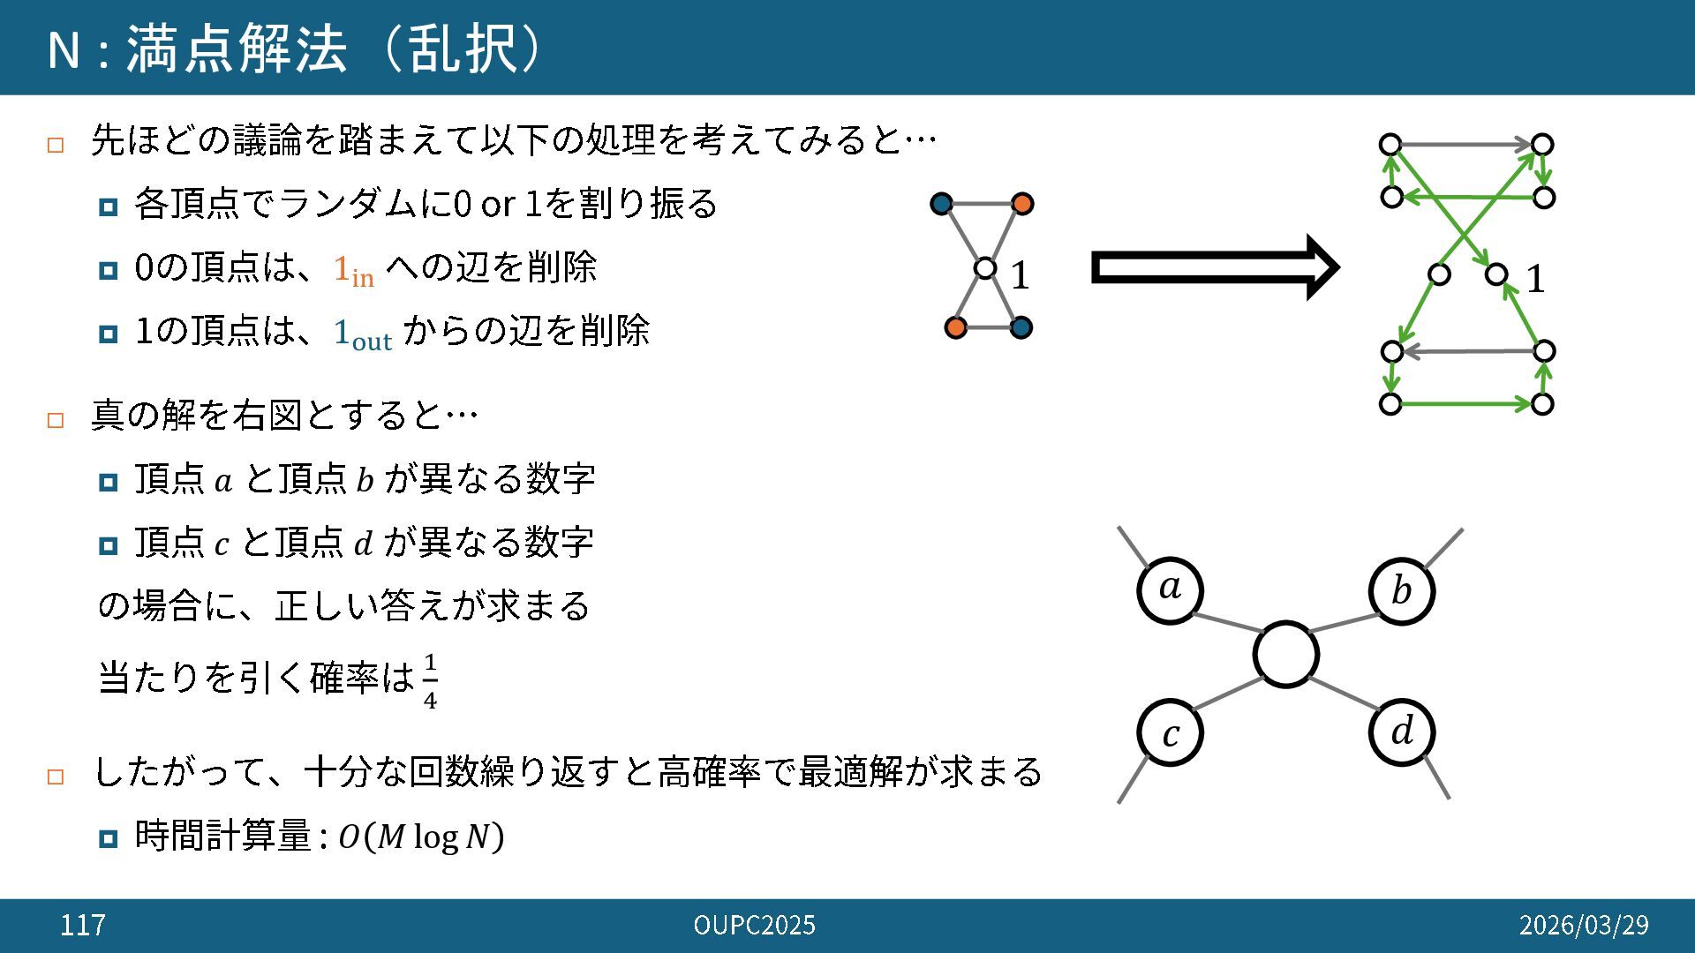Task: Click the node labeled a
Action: point(1170,589)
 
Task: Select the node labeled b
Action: point(1401,591)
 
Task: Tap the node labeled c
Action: point(1170,732)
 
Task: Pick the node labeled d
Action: point(1401,732)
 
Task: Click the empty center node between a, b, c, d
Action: point(1285,655)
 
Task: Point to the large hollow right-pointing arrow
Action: point(1215,267)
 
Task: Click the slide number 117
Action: point(83,925)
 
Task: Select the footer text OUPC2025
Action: point(754,925)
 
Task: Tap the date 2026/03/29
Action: point(1583,925)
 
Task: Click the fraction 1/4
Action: point(430,681)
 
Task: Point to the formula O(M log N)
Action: point(421,837)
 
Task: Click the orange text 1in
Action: point(353,269)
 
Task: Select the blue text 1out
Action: point(362,334)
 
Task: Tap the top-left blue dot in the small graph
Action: point(942,204)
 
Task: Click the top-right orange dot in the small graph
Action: point(1022,204)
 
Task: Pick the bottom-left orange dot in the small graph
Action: point(955,327)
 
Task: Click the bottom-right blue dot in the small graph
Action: point(1021,327)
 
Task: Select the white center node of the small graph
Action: point(985,267)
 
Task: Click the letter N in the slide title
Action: point(64,49)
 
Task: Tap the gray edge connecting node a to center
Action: point(1227,622)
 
